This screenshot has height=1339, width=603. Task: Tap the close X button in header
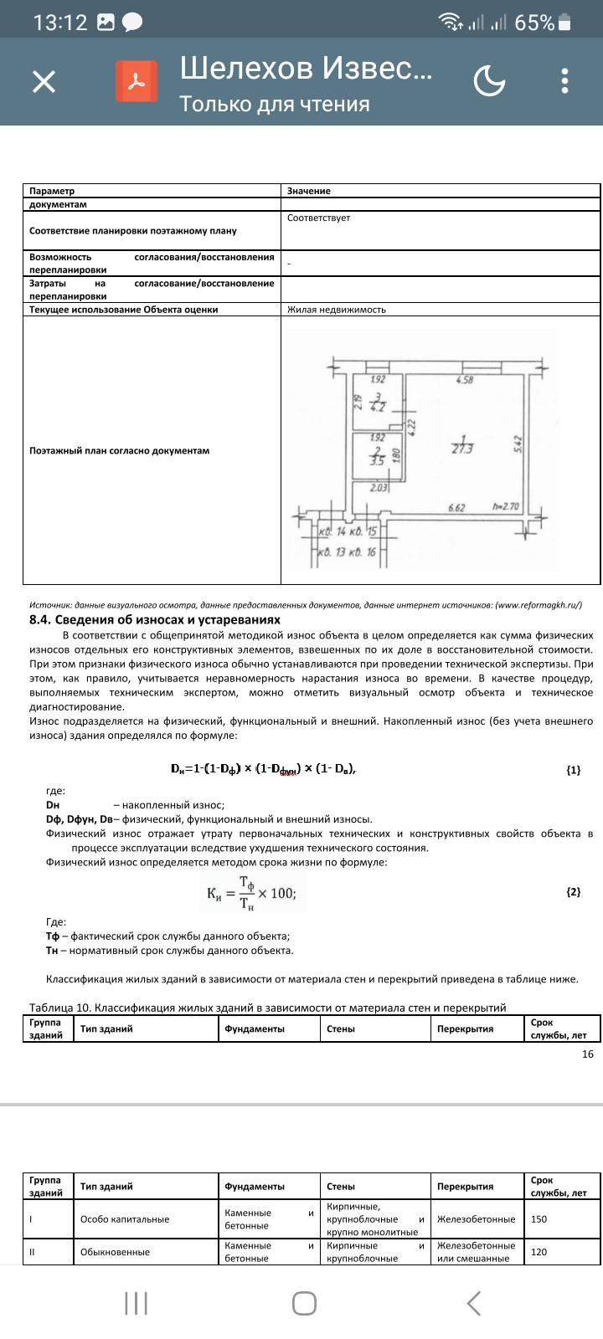pos(44,81)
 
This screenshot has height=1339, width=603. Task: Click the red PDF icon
pos(137,81)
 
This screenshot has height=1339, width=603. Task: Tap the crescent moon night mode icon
pos(489,81)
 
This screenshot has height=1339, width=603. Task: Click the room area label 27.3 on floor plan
pos(462,448)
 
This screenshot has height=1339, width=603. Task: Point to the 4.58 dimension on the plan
pos(465,380)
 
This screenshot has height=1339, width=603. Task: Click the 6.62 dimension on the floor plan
pos(457,507)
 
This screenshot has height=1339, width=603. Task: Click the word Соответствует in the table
pos(318,218)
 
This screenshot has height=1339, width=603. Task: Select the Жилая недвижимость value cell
pos(337,310)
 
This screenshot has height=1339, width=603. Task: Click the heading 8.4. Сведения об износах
pos(155,620)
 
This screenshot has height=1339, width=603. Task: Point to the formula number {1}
pos(573,770)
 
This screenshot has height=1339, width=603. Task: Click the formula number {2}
pos(573,892)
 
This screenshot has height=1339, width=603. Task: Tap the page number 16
pos(587,1054)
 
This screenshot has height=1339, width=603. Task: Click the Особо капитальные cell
pos(125,1219)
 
